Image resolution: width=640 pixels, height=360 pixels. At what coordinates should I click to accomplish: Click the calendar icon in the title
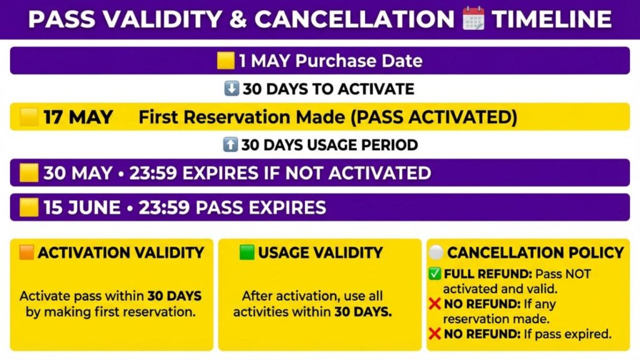(474, 18)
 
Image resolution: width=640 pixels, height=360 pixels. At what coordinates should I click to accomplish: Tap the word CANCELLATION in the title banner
(354, 19)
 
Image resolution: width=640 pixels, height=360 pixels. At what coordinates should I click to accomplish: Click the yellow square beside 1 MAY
(226, 61)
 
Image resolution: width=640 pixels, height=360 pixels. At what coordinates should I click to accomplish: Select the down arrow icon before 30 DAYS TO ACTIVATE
(231, 88)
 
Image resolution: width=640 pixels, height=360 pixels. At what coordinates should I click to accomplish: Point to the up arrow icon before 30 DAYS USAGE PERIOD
(230, 144)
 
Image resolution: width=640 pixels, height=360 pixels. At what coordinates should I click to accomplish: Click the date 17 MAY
(78, 117)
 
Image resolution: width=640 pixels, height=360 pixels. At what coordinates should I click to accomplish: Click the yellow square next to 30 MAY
(29, 172)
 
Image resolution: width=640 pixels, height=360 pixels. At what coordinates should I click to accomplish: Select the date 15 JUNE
(82, 207)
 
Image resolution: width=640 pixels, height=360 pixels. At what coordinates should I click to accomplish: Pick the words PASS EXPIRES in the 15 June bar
(261, 207)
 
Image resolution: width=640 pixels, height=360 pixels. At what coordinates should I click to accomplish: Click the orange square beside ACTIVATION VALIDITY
(27, 252)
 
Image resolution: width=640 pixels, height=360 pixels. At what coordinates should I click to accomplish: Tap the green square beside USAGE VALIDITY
(246, 252)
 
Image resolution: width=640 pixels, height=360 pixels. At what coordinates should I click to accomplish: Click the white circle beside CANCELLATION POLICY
(436, 252)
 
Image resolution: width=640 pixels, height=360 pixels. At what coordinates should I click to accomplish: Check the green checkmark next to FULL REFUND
(435, 274)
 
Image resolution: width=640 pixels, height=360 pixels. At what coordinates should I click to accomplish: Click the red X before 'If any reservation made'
(435, 304)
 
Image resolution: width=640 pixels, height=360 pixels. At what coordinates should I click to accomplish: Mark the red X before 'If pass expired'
(435, 334)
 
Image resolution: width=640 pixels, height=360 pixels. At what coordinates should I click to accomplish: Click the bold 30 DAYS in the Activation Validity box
(174, 296)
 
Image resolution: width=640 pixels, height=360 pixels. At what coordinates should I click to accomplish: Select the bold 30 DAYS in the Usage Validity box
(363, 312)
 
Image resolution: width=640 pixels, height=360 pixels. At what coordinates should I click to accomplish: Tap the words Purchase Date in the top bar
(359, 61)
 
